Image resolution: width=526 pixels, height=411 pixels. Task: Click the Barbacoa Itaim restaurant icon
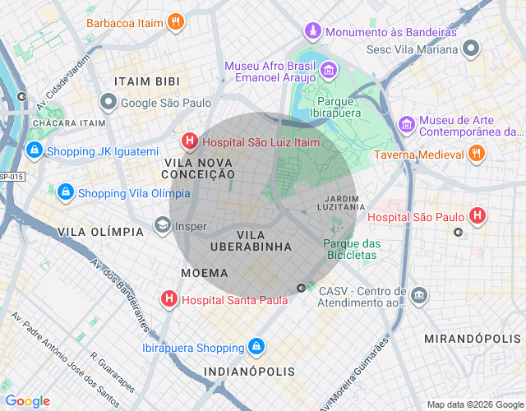(x=174, y=22)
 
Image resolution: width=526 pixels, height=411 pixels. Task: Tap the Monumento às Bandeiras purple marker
(x=312, y=31)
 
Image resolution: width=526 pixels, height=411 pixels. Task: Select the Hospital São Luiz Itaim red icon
(x=190, y=141)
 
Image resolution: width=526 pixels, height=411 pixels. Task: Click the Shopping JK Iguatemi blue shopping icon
(x=34, y=150)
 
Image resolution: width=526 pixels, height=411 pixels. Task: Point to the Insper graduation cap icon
(x=163, y=225)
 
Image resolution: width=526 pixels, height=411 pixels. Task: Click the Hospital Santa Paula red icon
(x=169, y=299)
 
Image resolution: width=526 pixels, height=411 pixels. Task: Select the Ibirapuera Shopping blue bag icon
(x=256, y=346)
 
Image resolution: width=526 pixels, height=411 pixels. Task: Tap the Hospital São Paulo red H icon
(x=478, y=217)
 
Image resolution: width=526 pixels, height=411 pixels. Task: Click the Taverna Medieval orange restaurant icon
(x=476, y=153)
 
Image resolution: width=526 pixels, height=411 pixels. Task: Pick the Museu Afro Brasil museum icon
(x=328, y=72)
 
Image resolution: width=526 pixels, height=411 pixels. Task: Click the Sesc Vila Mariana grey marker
(x=470, y=48)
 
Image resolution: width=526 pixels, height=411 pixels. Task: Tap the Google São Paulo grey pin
(x=108, y=103)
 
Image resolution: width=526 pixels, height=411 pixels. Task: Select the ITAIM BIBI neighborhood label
(x=147, y=81)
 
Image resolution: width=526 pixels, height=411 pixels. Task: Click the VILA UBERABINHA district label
(x=251, y=240)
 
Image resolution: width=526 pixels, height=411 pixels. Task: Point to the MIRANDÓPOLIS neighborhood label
(x=473, y=339)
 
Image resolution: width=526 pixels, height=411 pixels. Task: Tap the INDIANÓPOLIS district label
(x=250, y=372)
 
